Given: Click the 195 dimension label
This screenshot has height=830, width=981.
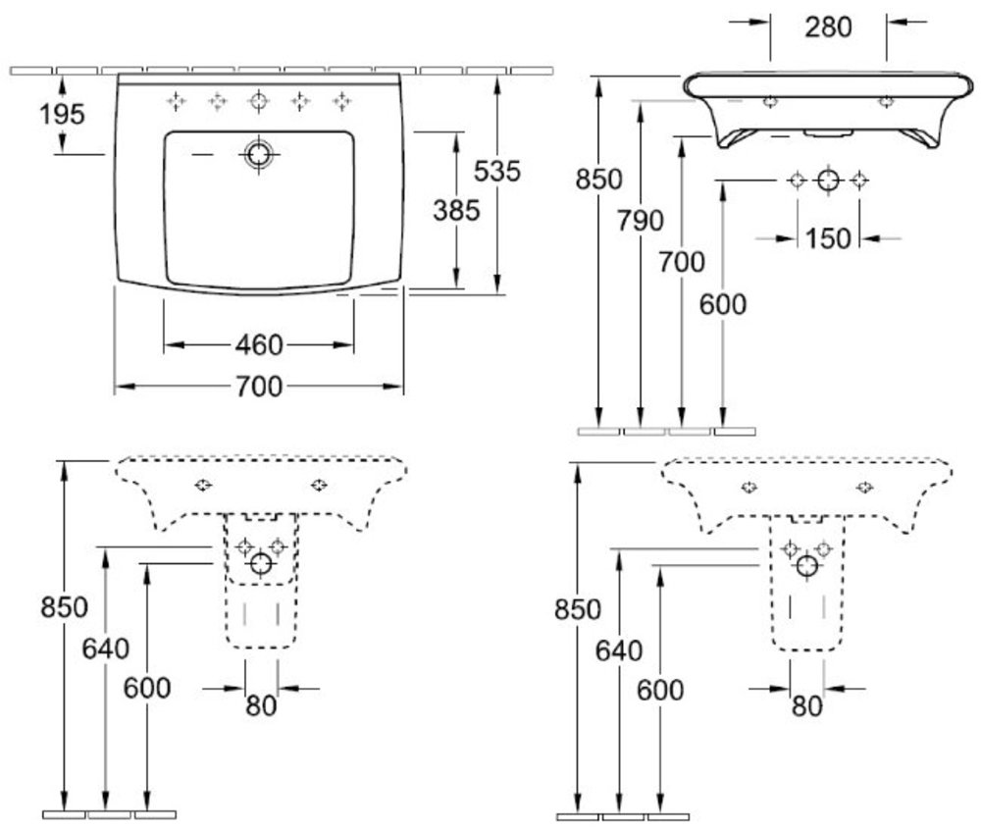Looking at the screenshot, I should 63,114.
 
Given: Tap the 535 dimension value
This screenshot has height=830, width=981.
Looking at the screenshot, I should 496,171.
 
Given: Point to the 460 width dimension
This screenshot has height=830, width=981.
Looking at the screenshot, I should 259,345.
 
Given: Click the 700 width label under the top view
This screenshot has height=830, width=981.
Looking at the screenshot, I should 259,387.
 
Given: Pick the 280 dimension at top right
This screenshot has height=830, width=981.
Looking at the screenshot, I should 828,27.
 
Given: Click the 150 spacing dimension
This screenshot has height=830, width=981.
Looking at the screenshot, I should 828,238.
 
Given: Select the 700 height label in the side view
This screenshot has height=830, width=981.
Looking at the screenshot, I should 682,262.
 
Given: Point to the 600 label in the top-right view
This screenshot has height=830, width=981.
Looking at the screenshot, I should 723,304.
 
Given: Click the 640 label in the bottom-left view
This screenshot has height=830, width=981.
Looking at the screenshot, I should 105,648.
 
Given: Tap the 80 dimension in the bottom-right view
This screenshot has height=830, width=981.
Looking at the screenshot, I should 805,705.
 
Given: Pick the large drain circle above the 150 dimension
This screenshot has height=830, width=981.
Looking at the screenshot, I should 828,180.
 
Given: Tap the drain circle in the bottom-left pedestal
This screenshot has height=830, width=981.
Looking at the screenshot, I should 261,563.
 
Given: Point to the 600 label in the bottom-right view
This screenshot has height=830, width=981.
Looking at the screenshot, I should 660,690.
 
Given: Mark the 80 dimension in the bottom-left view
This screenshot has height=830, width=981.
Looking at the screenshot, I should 260,704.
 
